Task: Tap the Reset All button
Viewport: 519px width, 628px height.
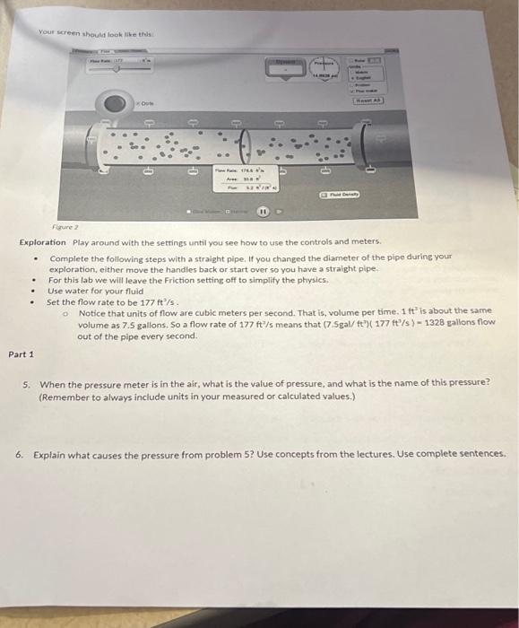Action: [365, 101]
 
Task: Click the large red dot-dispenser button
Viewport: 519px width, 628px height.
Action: [114, 105]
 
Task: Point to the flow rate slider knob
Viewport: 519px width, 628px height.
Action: [116, 65]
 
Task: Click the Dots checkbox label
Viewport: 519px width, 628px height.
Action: [146, 105]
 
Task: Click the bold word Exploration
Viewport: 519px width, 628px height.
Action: [42, 242]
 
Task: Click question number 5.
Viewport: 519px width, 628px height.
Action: [26, 383]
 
